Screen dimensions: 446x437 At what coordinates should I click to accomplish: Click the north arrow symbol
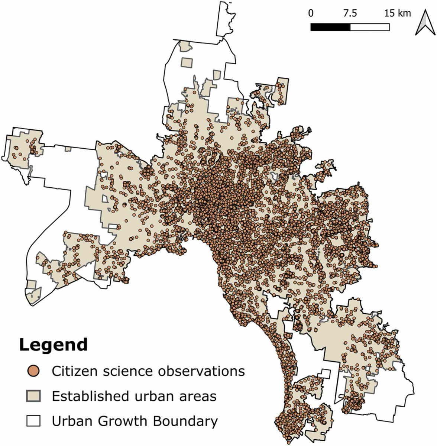pos(423,23)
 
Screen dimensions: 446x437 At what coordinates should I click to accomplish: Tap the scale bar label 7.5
pos(350,14)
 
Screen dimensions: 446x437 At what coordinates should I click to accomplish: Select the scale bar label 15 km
pos(398,14)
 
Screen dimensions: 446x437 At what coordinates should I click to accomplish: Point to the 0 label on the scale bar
pos(311,14)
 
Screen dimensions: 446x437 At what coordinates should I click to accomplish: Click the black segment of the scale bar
pos(330,27)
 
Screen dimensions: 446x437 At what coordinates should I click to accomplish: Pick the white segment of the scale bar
pos(370,27)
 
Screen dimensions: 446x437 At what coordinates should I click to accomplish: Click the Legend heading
pos(53,345)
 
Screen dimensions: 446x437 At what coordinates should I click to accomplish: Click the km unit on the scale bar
pos(404,14)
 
